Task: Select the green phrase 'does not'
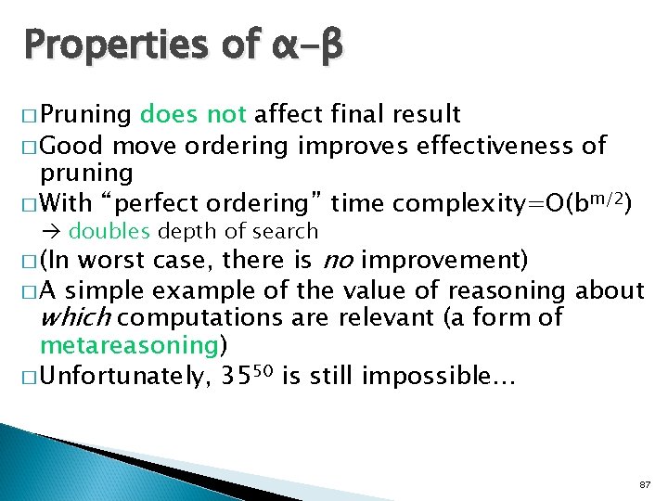193,114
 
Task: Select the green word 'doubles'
102,231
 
